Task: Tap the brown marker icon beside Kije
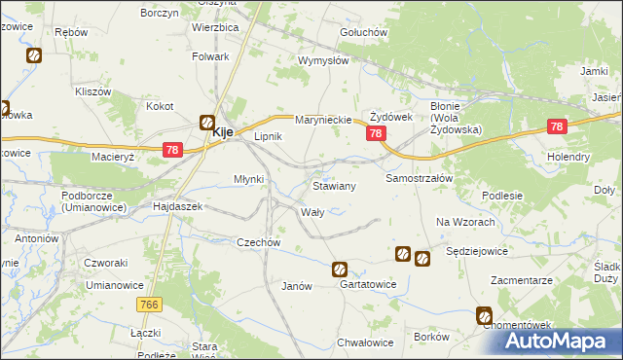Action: coord(207,123)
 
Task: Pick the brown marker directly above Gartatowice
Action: coord(340,270)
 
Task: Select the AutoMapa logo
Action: coord(565,342)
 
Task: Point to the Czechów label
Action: coord(259,242)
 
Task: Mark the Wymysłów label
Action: coord(323,60)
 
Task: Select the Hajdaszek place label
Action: coord(177,207)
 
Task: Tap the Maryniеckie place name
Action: coord(322,120)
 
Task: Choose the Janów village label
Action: coord(296,286)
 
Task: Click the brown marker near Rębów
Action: coord(34,56)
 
